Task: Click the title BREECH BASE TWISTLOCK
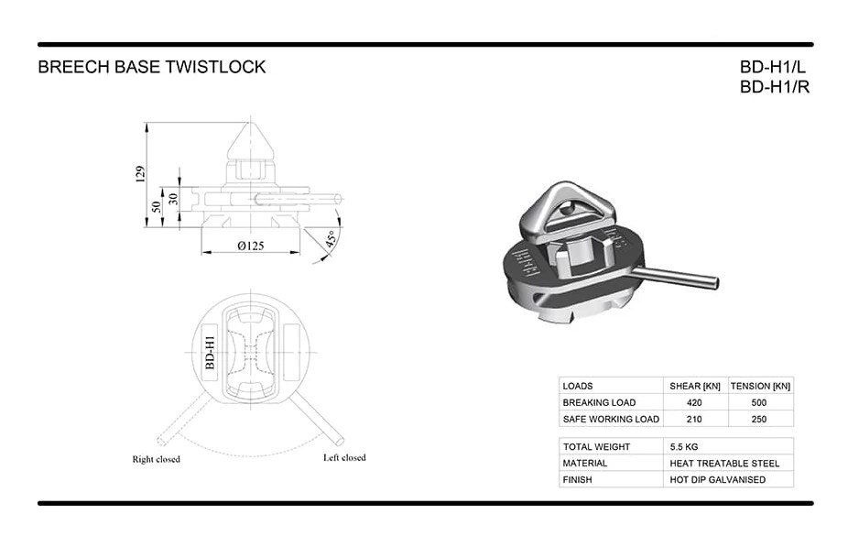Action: pyautogui.click(x=151, y=67)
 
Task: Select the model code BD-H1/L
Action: pyautogui.click(x=772, y=67)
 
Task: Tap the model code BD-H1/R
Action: pyautogui.click(x=775, y=87)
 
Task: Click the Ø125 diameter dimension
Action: pyautogui.click(x=251, y=246)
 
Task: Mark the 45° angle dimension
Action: pyautogui.click(x=332, y=238)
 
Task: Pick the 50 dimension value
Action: pyautogui.click(x=157, y=207)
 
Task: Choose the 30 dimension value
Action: pyautogui.click(x=173, y=199)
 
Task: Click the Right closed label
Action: pyautogui.click(x=157, y=459)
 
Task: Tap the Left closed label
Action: pyautogui.click(x=344, y=457)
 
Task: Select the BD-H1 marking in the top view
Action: pyautogui.click(x=211, y=353)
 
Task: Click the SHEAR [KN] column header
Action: pyautogui.click(x=695, y=386)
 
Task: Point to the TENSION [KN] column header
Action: pyautogui.click(x=760, y=386)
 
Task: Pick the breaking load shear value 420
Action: pyautogui.click(x=694, y=402)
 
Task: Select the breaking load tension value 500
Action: pyautogui.click(x=759, y=402)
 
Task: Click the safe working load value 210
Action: pyautogui.click(x=694, y=419)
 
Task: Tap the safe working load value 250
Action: pyautogui.click(x=759, y=419)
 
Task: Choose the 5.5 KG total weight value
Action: pyautogui.click(x=684, y=447)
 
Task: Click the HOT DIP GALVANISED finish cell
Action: pyautogui.click(x=718, y=479)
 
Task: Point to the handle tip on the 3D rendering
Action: pyautogui.click(x=716, y=282)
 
